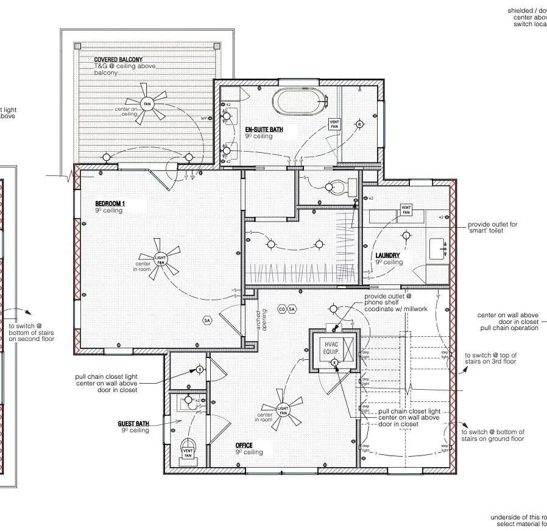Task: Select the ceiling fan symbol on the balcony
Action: [147, 104]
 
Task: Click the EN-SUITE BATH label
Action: [264, 130]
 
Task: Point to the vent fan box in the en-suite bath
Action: [334, 124]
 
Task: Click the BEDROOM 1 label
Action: [110, 203]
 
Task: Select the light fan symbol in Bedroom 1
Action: [160, 259]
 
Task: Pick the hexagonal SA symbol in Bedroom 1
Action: [207, 320]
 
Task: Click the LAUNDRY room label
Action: [388, 256]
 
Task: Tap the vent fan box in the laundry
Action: [406, 209]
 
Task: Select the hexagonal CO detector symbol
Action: [281, 309]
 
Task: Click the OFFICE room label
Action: [244, 446]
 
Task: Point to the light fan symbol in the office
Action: [283, 410]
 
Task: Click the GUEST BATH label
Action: [133, 423]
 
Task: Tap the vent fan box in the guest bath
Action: [188, 452]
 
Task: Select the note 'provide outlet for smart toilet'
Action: [492, 228]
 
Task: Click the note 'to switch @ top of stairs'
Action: [490, 358]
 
